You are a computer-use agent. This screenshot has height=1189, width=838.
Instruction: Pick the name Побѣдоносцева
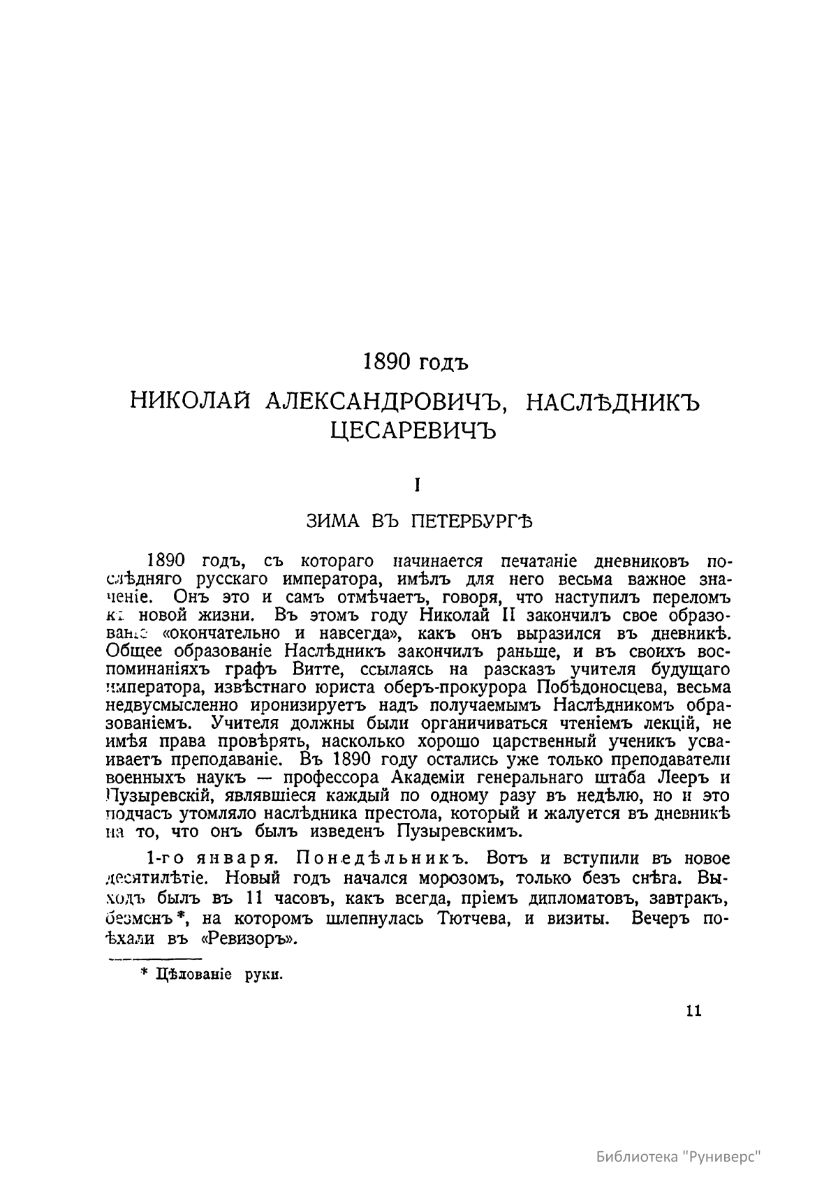(x=585, y=688)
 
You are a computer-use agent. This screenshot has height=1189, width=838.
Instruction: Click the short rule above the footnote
(x=152, y=959)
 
